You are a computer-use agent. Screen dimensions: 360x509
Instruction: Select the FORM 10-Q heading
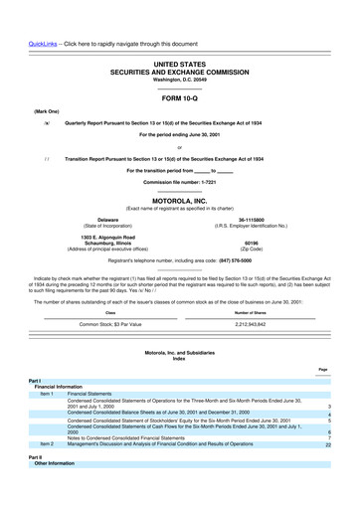tap(180, 99)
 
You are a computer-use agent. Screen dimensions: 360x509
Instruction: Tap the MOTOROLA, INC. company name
tap(180, 199)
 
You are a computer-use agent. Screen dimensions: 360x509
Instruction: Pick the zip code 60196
tap(264, 241)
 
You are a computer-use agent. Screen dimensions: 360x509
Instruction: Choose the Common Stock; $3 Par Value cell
tap(110, 324)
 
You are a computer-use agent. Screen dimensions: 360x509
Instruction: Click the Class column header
tap(110, 311)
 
